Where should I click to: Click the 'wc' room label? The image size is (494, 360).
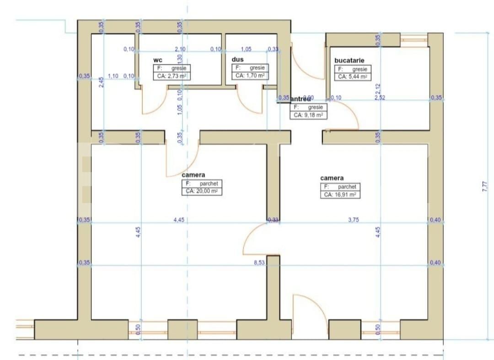(157, 60)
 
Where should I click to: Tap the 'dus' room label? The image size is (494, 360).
(237, 59)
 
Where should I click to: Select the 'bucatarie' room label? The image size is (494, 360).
(349, 60)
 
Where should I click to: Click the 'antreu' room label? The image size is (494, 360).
(301, 98)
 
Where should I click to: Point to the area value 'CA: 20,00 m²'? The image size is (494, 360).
(201, 192)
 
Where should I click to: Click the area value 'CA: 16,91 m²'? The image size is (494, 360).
(340, 194)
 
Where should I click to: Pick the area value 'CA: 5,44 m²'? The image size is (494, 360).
(352, 77)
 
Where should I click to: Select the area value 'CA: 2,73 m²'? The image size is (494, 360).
(172, 76)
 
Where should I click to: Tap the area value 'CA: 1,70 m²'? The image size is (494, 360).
(250, 75)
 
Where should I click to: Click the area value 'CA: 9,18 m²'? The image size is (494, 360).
(308, 115)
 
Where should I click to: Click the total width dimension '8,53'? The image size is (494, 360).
(260, 263)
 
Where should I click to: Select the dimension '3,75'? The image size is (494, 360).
(354, 220)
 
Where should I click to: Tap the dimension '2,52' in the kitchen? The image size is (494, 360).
(380, 97)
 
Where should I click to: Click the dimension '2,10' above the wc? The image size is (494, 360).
(180, 49)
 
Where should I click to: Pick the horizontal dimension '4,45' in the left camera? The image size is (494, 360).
(179, 220)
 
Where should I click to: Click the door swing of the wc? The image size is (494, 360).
(153, 103)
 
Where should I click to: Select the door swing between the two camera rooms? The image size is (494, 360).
(256, 238)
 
